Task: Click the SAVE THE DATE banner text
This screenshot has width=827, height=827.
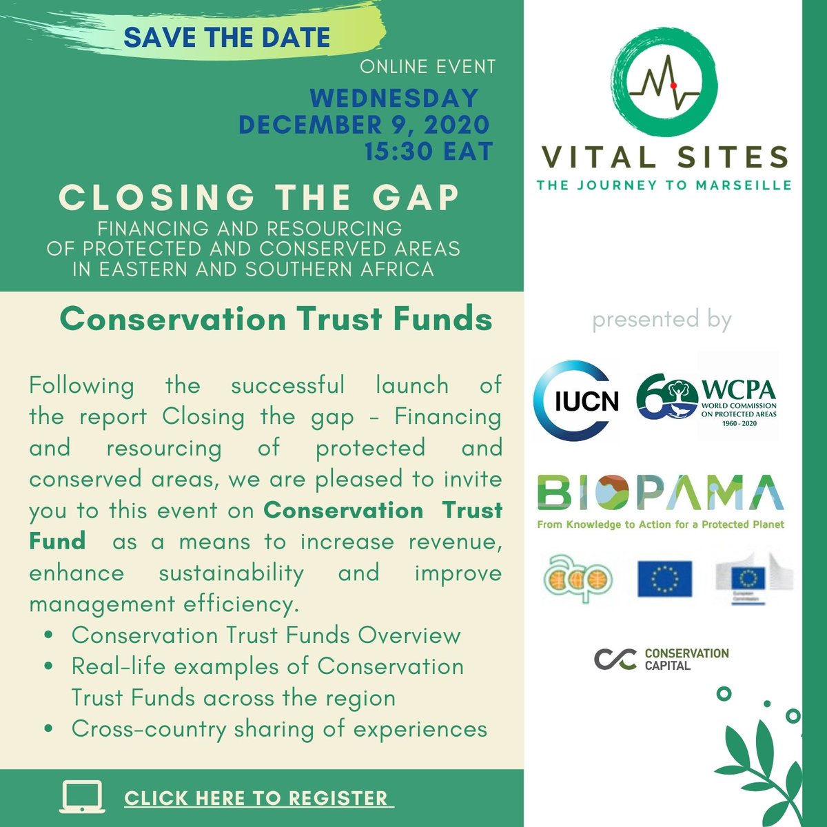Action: (x=227, y=37)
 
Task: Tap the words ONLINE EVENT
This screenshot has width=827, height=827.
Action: (x=427, y=67)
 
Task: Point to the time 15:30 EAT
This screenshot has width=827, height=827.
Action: (x=429, y=151)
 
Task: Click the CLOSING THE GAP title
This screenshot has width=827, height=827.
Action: (x=259, y=198)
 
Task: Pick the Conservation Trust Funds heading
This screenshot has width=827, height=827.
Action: (x=276, y=319)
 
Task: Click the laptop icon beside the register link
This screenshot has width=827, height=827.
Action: (x=83, y=797)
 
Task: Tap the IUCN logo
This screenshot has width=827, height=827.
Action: (x=577, y=400)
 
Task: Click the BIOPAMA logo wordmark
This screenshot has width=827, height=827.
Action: (x=660, y=492)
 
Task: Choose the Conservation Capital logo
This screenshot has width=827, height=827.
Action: (x=661, y=659)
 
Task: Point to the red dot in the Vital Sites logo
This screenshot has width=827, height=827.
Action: (x=674, y=83)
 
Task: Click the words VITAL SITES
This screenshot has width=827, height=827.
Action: (x=664, y=157)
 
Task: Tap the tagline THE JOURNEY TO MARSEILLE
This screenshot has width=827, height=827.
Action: (x=664, y=185)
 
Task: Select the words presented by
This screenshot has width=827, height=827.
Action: (x=662, y=320)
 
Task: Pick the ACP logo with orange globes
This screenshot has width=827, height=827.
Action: (x=578, y=578)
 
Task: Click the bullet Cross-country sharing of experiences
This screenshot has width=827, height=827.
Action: (x=279, y=729)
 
